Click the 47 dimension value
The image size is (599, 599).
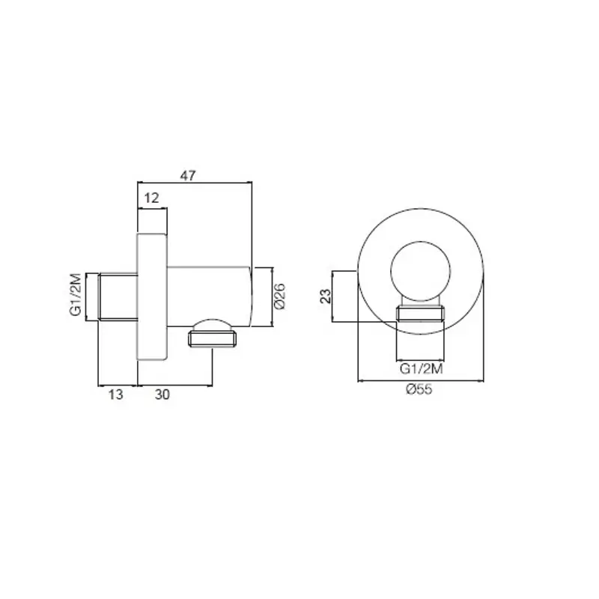pos(188,175)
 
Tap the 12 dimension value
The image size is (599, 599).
pos(151,198)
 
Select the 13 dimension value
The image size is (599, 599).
pos(115,394)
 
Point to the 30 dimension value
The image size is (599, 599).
pos(162,394)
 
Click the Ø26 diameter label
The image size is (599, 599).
pos(279,296)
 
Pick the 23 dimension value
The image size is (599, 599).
pos(326,296)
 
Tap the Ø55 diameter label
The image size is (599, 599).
pos(419,389)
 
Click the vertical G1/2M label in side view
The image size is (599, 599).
pos(76,294)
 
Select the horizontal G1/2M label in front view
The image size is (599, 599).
pos(421,369)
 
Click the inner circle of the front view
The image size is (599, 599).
pos(421,241)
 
